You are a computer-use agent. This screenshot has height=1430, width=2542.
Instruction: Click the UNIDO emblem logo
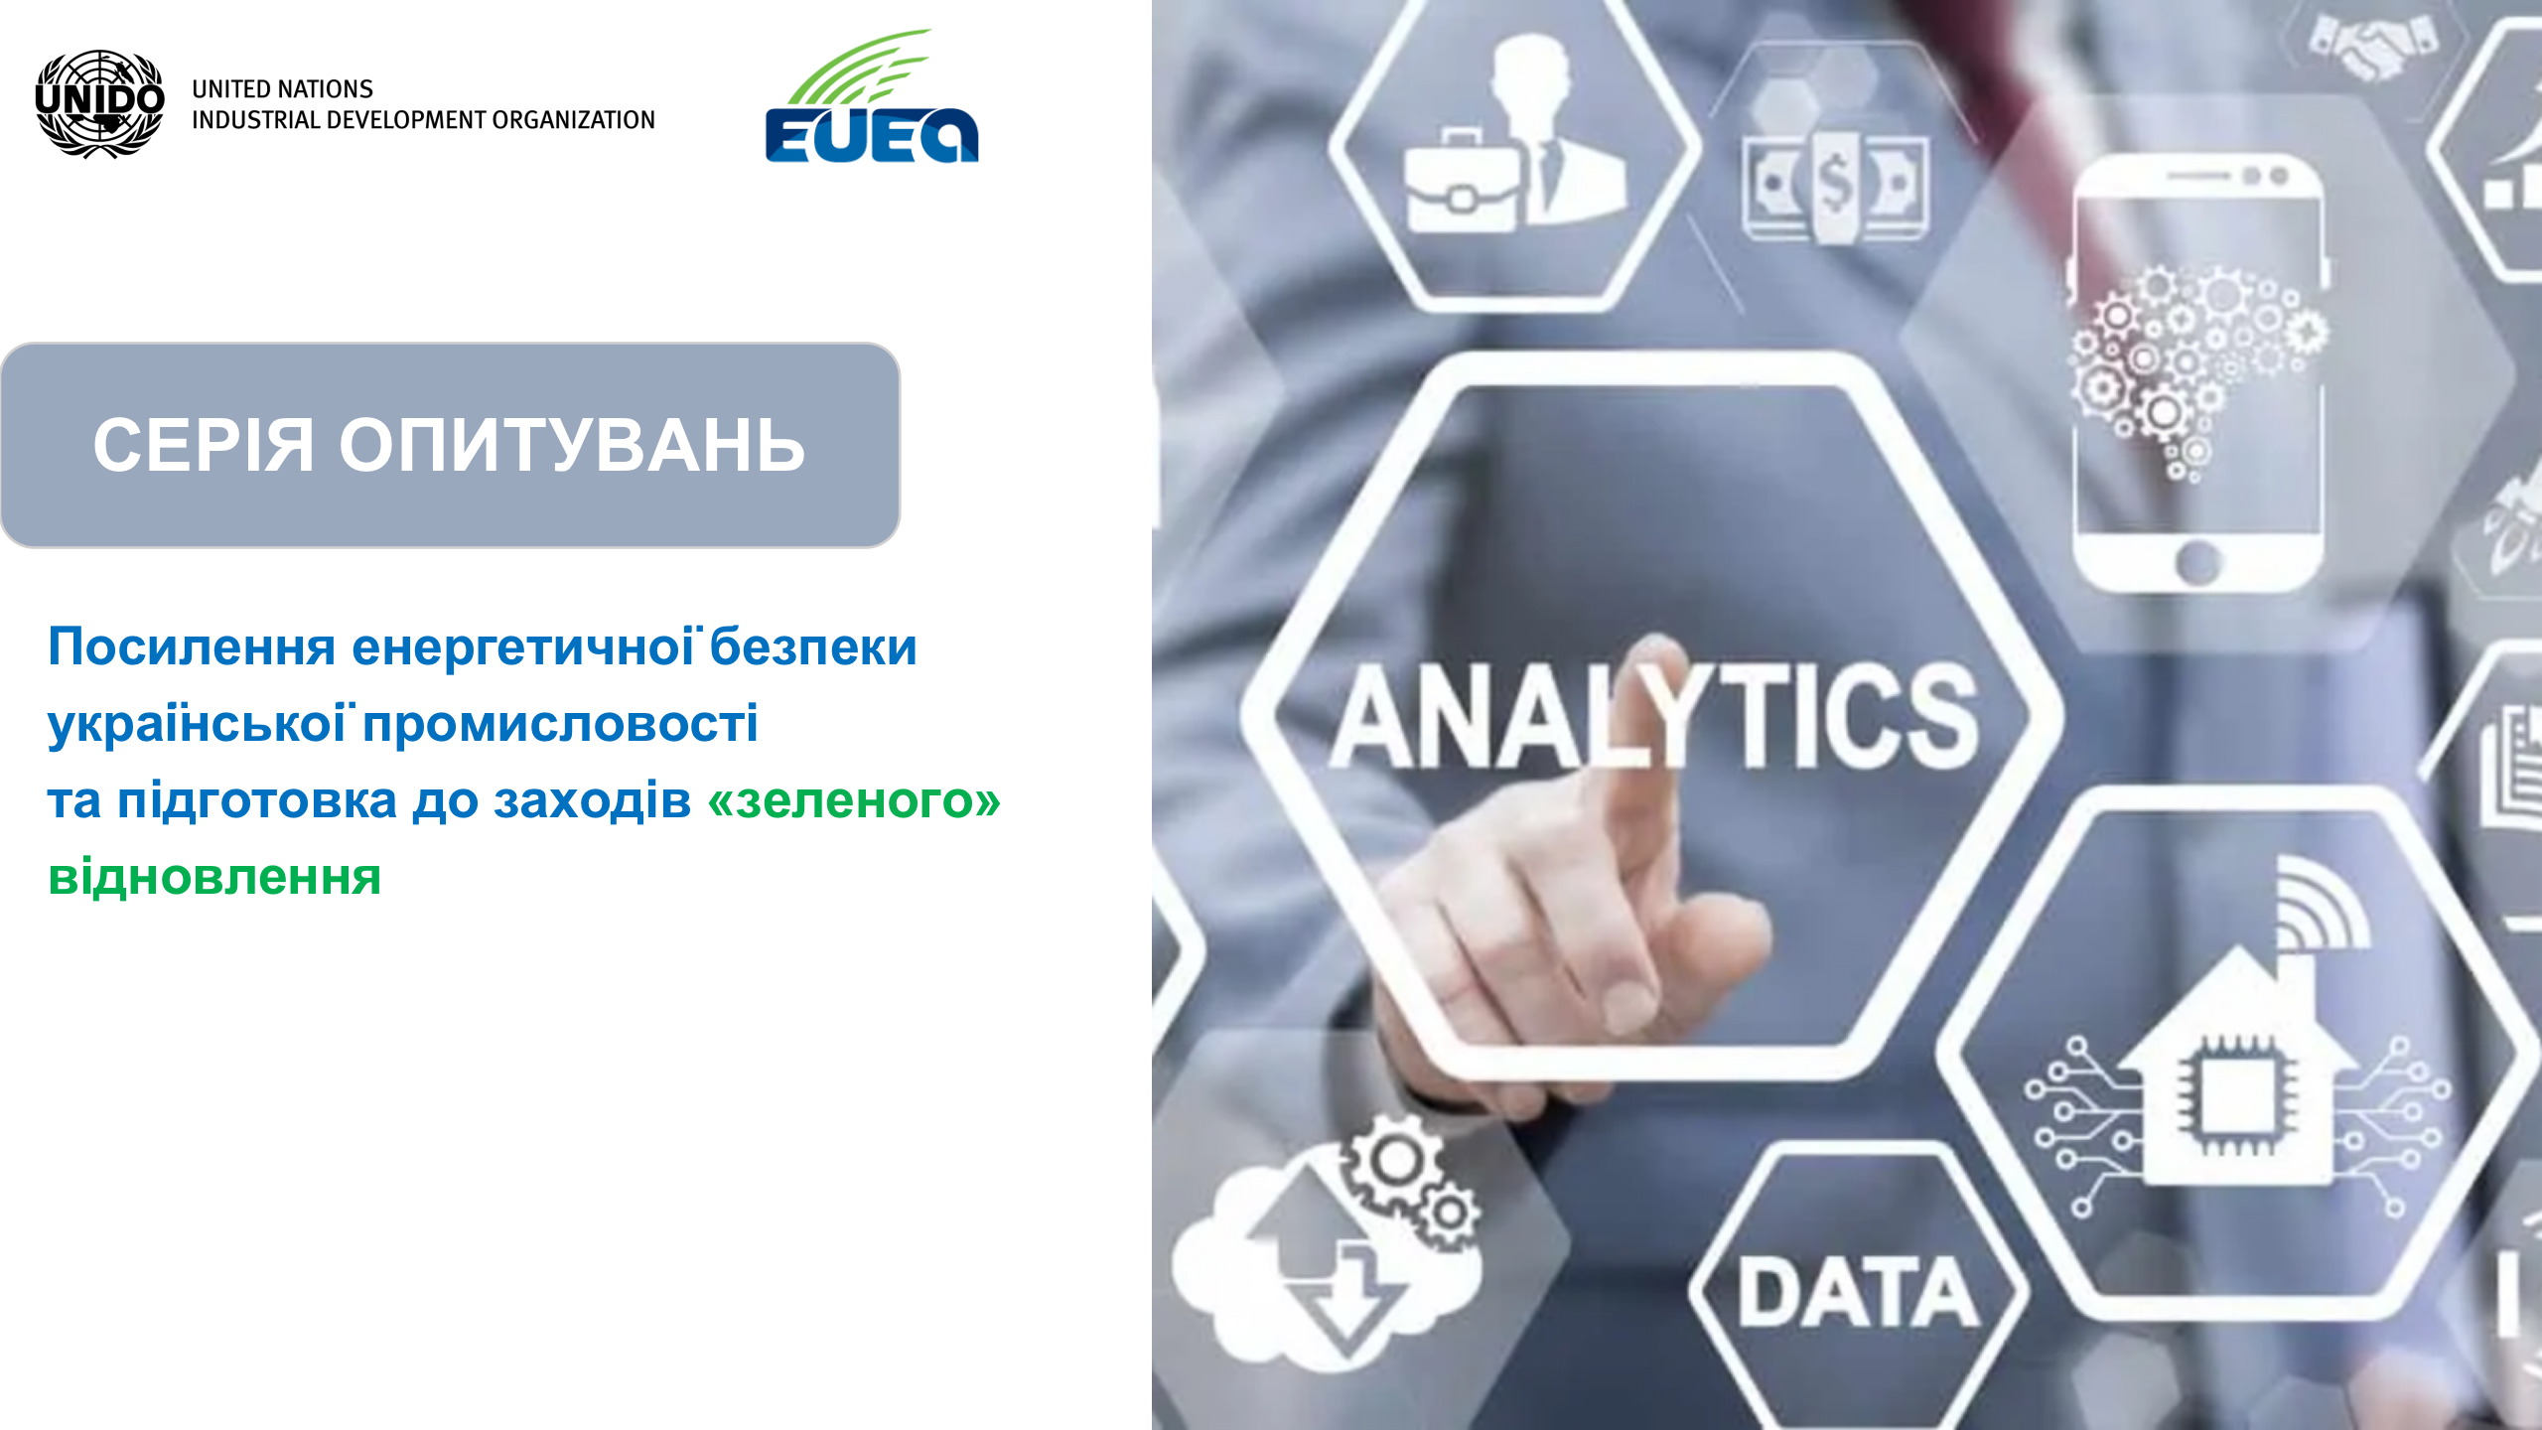click(x=99, y=103)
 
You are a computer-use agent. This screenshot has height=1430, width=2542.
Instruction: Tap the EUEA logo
click(x=872, y=95)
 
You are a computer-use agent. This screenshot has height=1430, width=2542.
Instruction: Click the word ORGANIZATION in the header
click(x=573, y=120)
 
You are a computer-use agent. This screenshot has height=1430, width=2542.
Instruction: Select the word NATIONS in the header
click(x=324, y=89)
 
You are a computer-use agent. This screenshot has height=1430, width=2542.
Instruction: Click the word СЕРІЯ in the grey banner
click(x=204, y=444)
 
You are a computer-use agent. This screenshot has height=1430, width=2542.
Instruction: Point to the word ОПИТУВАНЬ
click(x=572, y=444)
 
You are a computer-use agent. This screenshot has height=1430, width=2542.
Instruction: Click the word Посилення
click(x=192, y=646)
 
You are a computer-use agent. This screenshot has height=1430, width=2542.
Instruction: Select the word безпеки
click(x=813, y=646)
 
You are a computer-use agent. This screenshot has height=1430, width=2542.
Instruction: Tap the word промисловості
click(x=560, y=724)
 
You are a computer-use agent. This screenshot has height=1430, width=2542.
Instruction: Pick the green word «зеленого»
click(x=854, y=800)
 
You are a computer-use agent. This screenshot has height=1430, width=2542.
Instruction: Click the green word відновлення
click(x=214, y=876)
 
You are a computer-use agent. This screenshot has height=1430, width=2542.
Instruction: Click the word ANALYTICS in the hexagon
click(x=1654, y=716)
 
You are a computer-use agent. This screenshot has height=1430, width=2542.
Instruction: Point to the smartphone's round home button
click(x=2197, y=563)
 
